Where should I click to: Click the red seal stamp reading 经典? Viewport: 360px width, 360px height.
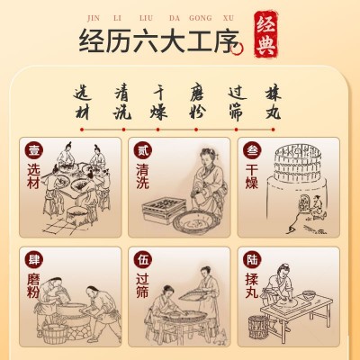[265, 35]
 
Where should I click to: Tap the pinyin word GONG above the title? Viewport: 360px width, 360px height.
[200, 18]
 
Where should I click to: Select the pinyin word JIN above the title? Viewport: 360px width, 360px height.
[94, 18]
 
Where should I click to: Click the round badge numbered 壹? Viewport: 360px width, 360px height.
[34, 151]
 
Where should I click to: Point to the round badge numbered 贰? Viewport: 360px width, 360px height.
[143, 151]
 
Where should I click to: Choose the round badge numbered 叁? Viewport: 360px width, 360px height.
[252, 151]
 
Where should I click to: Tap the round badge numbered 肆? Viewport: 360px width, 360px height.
[34, 260]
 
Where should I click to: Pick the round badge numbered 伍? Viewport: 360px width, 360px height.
[143, 260]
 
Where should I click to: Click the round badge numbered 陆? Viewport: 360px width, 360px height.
[252, 260]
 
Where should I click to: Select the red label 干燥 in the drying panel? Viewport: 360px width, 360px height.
[252, 177]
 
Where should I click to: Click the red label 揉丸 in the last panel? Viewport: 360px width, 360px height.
[252, 285]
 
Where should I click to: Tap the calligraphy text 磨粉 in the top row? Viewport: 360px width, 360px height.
[197, 103]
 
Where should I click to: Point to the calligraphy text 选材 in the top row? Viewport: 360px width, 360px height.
[82, 103]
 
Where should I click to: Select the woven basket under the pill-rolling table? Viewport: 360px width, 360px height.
[258, 327]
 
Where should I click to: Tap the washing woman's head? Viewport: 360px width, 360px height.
[209, 157]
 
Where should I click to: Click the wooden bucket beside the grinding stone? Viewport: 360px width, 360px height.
[54, 334]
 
